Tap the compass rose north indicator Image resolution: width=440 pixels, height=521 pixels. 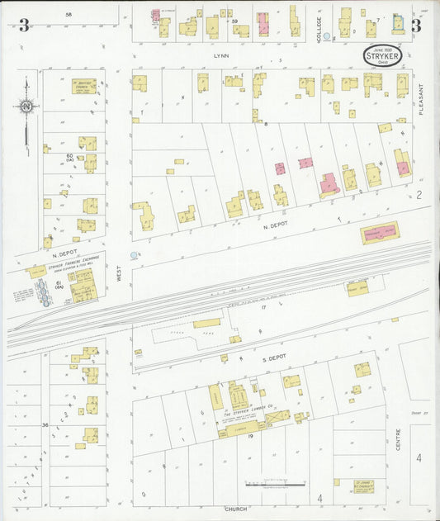26,107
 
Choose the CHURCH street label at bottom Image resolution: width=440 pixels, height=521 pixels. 235,509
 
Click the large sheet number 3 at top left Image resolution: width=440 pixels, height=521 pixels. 24,26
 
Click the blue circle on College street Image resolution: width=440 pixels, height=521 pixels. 327,36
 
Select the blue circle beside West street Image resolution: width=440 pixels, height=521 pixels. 135,257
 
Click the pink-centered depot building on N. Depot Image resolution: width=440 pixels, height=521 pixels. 379,232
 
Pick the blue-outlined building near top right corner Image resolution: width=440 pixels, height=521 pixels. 399,23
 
